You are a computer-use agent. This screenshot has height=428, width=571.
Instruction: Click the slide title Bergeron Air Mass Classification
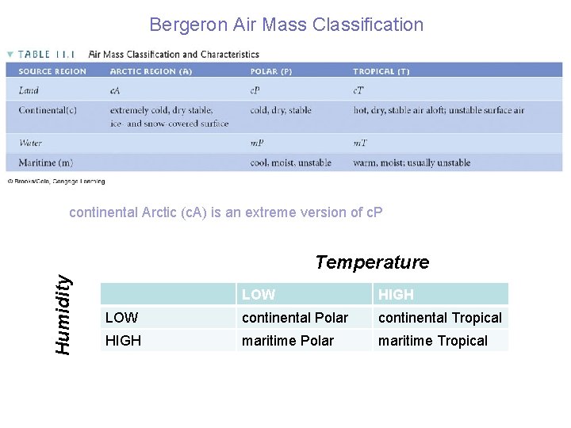(x=286, y=25)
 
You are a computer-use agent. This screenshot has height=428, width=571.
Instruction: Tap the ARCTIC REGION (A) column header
(x=151, y=71)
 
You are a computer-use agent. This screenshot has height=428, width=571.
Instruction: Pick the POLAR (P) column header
(x=271, y=71)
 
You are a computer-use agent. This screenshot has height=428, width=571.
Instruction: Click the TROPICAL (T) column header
(x=381, y=71)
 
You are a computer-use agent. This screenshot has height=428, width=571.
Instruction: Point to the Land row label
(x=29, y=90)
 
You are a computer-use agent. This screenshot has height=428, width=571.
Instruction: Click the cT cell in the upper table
(x=358, y=90)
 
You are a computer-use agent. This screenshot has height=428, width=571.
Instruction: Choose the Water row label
(x=30, y=143)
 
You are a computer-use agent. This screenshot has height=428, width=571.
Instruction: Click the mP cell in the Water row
(x=257, y=143)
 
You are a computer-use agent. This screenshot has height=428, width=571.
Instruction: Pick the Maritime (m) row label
(x=45, y=162)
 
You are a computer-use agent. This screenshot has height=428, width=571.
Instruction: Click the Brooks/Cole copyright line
(x=56, y=181)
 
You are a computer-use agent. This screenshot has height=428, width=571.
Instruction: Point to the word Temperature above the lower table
(x=372, y=262)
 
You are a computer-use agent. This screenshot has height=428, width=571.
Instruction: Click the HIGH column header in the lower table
(x=396, y=295)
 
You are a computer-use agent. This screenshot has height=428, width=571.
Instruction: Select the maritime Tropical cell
(x=432, y=341)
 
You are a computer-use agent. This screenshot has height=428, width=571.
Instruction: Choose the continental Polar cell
(x=294, y=318)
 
